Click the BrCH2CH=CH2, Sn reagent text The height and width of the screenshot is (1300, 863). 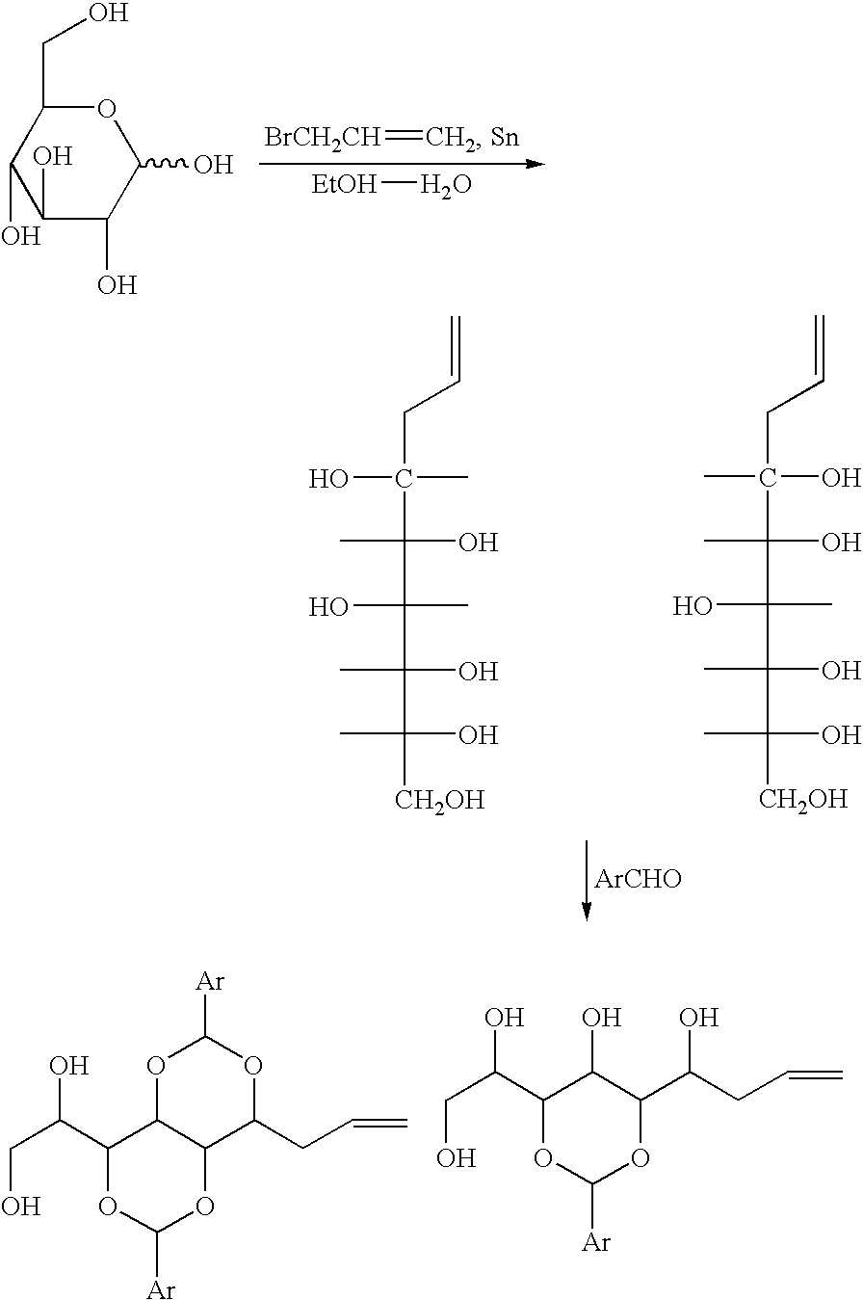(x=391, y=138)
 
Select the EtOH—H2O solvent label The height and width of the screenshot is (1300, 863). (x=391, y=185)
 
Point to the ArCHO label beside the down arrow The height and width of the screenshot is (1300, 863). (x=638, y=879)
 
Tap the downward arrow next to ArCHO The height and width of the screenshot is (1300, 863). (x=587, y=880)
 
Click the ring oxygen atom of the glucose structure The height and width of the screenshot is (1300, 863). (x=107, y=109)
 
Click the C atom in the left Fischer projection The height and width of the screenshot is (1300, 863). (x=404, y=479)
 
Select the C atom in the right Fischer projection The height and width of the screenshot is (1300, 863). (x=768, y=478)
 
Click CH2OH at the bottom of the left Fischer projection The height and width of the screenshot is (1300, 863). (x=439, y=800)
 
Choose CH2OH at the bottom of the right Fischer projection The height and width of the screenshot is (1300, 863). (x=803, y=800)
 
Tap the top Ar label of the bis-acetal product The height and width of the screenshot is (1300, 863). (x=210, y=981)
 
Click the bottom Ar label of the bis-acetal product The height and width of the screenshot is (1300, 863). (x=161, y=1287)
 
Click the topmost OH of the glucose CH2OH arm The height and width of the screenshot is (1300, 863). (x=109, y=13)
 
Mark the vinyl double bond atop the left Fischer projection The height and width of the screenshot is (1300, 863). (x=457, y=348)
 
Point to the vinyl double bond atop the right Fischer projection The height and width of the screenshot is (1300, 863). (x=820, y=348)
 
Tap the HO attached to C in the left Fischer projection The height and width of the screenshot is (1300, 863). (x=328, y=479)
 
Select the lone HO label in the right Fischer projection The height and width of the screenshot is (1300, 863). (x=693, y=606)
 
